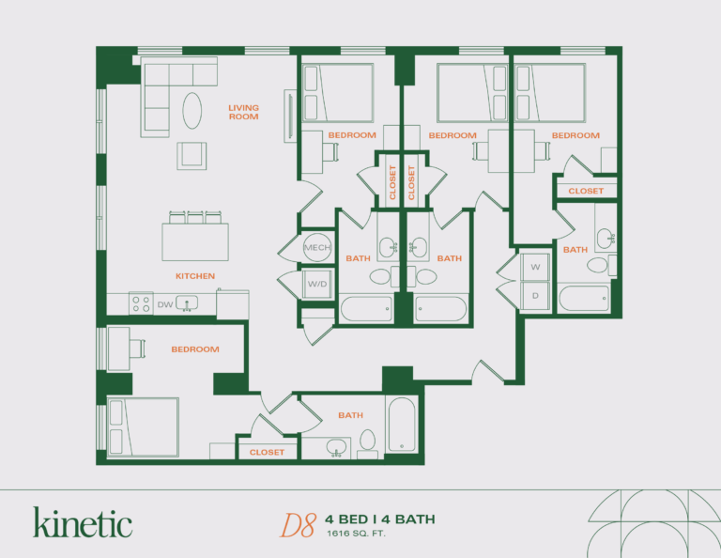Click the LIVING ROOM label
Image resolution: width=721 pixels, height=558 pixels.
tap(243, 113)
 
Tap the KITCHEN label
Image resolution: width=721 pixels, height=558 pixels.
tap(195, 276)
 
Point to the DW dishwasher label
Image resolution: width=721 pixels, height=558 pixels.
tap(164, 303)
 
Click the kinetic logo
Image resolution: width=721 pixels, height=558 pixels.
tap(83, 522)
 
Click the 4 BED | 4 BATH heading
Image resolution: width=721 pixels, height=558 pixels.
tap(380, 519)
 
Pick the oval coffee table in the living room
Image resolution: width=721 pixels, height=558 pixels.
tap(191, 110)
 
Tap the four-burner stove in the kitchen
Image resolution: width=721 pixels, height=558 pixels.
tap(141, 303)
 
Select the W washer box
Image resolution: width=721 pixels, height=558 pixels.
tap(536, 268)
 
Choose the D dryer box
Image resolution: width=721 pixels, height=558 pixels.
tap(536, 295)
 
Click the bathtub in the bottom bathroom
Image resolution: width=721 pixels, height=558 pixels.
tap(400, 425)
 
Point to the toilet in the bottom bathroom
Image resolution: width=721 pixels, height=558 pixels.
tap(368, 442)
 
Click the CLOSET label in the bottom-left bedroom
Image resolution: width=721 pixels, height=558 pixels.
tap(267, 452)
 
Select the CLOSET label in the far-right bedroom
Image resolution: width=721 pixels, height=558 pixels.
tap(586, 191)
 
